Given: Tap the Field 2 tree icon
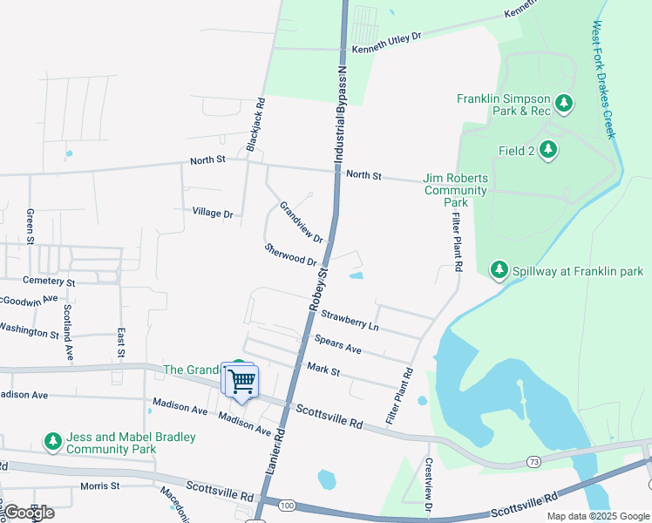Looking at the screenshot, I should coord(547,151).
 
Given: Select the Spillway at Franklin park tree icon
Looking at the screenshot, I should coord(499,271).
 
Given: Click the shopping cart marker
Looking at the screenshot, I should coord(241,380).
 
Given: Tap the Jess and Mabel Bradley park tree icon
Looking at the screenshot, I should coord(53,443).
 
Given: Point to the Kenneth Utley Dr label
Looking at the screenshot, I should coord(386,41).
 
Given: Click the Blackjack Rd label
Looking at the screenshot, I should coord(255,126).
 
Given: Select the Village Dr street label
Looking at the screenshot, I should coord(213,214).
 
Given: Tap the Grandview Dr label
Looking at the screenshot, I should coord(301,222).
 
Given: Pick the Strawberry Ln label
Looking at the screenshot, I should coord(350,319).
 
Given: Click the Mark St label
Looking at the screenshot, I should coord(323,370).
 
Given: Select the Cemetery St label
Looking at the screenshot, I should coord(49,282).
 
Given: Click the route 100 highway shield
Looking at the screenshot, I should coord(287,505).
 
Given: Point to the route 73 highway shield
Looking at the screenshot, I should coord(533,460).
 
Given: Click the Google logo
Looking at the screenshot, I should coord(29,512).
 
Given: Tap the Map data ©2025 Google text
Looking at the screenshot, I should coord(597,516).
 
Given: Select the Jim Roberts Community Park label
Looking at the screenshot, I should coord(455,189).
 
